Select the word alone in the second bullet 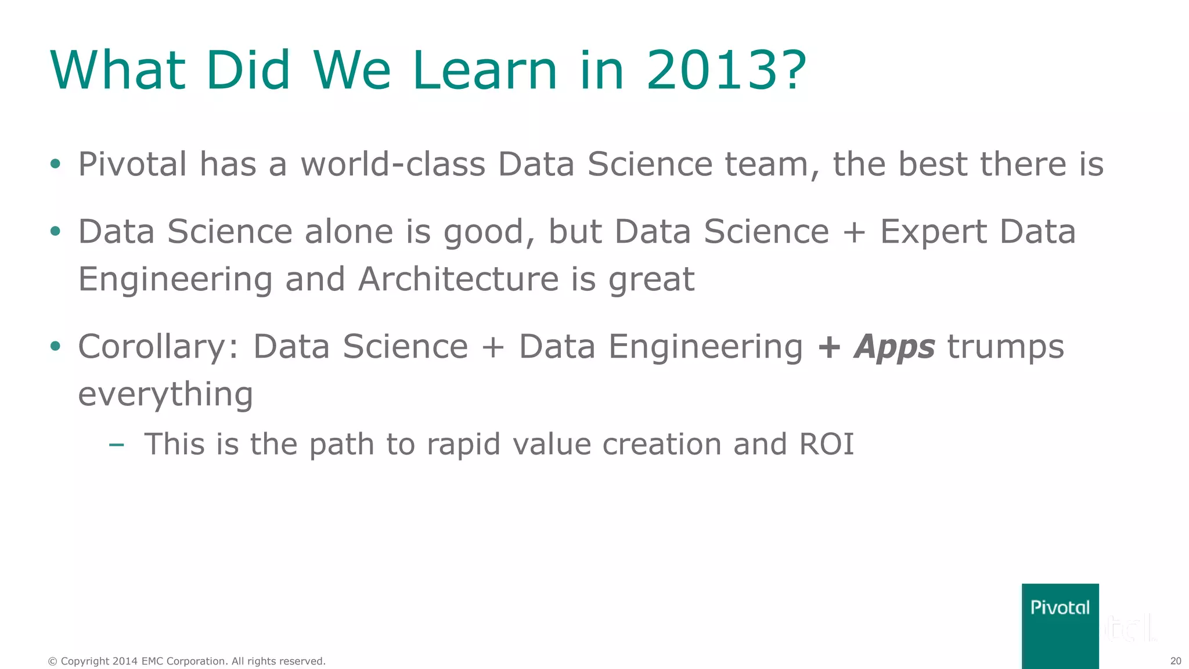[349, 232]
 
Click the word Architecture [458, 279]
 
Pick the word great [651, 280]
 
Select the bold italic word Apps [894, 347]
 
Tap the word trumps [1006, 347]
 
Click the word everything [165, 395]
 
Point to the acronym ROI [826, 444]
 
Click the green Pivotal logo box [1060, 625]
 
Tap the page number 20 [1175, 661]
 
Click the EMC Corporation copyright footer [186, 661]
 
